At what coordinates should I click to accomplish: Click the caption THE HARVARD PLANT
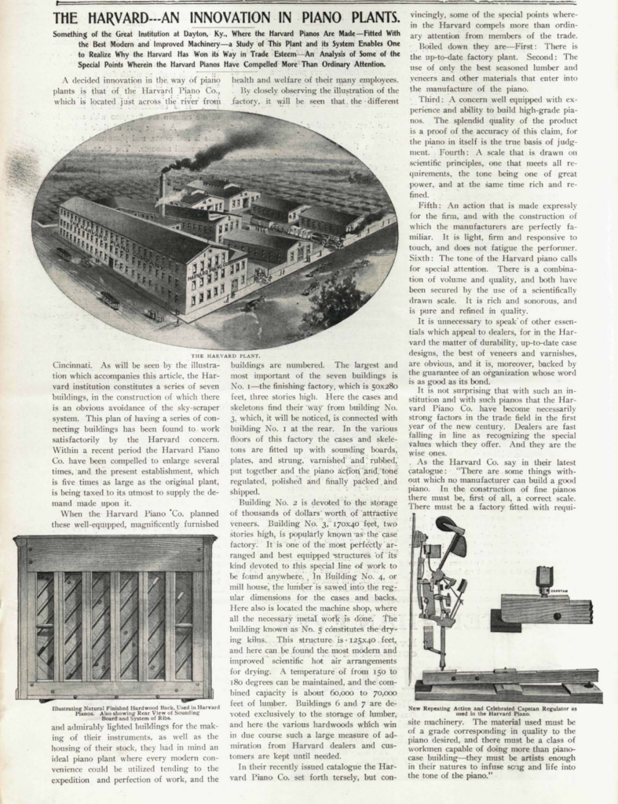[214, 355]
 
